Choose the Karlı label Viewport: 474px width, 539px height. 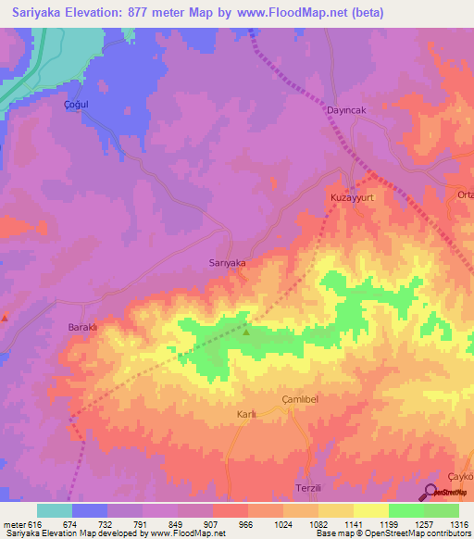[245, 414]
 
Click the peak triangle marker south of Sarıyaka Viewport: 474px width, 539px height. [246, 331]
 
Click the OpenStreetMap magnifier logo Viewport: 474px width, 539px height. [430, 493]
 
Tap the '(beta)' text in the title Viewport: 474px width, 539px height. [366, 13]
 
